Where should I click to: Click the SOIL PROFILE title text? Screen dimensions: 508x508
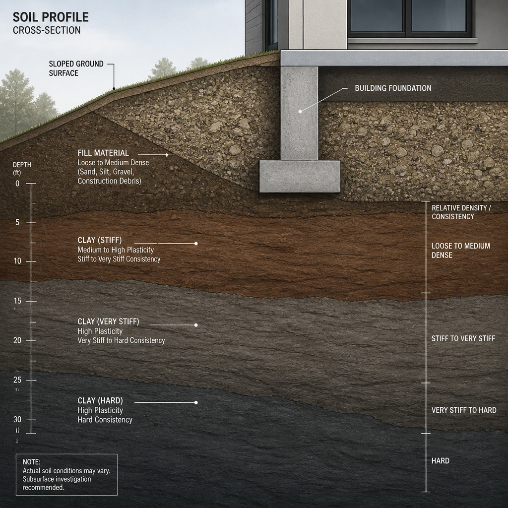point(51,17)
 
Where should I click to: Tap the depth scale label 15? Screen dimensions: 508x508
point(17,301)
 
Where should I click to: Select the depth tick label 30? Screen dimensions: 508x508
point(17,420)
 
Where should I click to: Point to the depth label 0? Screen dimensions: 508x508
point(17,184)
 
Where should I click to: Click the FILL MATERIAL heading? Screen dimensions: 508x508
point(103,153)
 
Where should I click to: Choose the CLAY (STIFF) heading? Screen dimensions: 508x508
point(100,240)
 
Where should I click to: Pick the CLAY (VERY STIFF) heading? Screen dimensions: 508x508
point(108,321)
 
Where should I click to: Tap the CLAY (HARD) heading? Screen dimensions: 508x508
point(100,401)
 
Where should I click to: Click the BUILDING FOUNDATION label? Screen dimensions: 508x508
point(393,88)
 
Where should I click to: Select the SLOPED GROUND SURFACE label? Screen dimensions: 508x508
point(76,68)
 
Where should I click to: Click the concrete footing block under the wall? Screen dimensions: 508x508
point(300,177)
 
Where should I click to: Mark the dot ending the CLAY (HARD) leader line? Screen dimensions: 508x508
point(196,402)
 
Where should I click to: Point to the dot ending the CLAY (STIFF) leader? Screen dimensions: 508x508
point(196,243)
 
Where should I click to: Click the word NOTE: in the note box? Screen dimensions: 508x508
point(31,462)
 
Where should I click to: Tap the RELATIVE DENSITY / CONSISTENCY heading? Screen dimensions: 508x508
point(461,212)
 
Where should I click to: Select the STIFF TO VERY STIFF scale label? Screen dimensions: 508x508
point(463,338)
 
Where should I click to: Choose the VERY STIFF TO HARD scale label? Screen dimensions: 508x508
point(464,410)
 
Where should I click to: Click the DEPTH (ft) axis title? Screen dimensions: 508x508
point(22,169)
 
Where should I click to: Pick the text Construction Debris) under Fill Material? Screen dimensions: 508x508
point(110,181)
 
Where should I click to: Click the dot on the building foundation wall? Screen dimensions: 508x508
point(300,112)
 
